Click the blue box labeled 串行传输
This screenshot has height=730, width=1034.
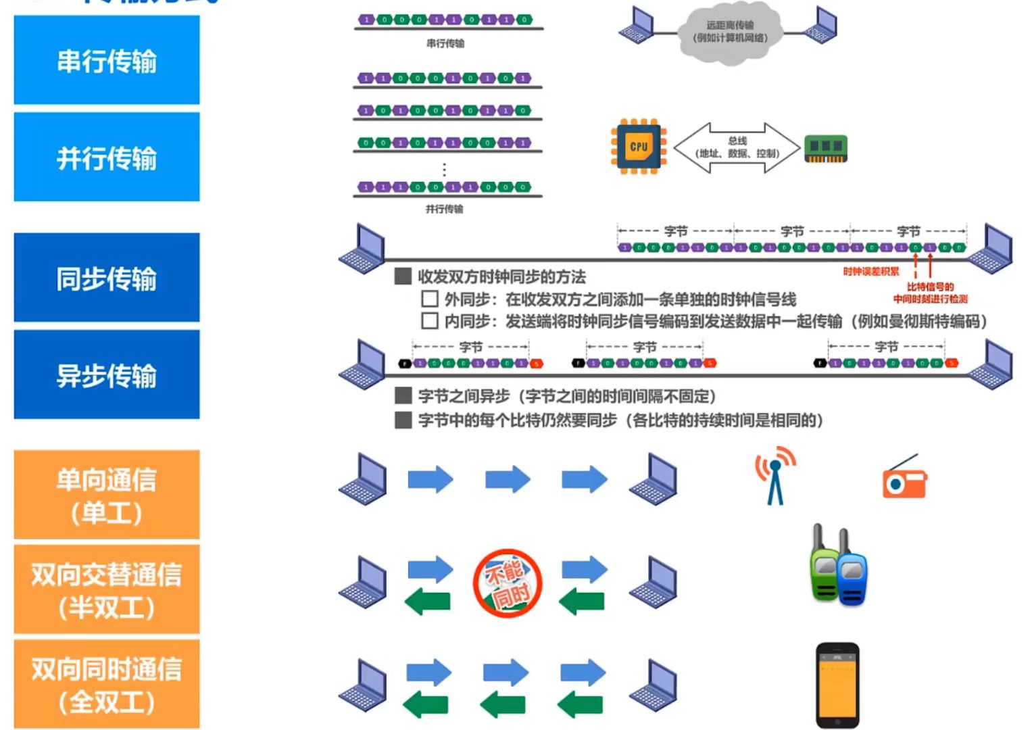tap(107, 61)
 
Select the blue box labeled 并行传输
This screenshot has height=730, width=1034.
tap(107, 157)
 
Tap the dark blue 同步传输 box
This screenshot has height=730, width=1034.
tap(107, 278)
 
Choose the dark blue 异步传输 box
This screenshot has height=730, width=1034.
tap(107, 374)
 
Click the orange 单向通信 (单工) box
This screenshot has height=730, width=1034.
tap(107, 495)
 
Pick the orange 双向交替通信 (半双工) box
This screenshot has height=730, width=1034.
tap(107, 590)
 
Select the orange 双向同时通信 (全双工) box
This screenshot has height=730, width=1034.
tap(107, 685)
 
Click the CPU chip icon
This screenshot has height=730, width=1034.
tap(639, 147)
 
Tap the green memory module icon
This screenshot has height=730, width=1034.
tap(826, 149)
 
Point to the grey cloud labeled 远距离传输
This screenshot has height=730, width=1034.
tap(730, 32)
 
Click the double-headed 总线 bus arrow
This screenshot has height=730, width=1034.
tap(737, 147)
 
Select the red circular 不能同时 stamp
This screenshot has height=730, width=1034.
tap(508, 583)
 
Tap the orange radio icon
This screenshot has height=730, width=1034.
tap(905, 479)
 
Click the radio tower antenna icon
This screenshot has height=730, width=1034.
tap(775, 476)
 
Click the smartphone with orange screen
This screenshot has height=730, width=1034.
tap(837, 684)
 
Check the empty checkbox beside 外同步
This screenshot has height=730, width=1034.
tap(430, 299)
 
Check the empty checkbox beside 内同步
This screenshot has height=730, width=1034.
tap(430, 320)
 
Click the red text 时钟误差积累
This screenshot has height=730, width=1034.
tap(871, 272)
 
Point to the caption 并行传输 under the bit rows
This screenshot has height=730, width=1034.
tap(444, 209)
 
